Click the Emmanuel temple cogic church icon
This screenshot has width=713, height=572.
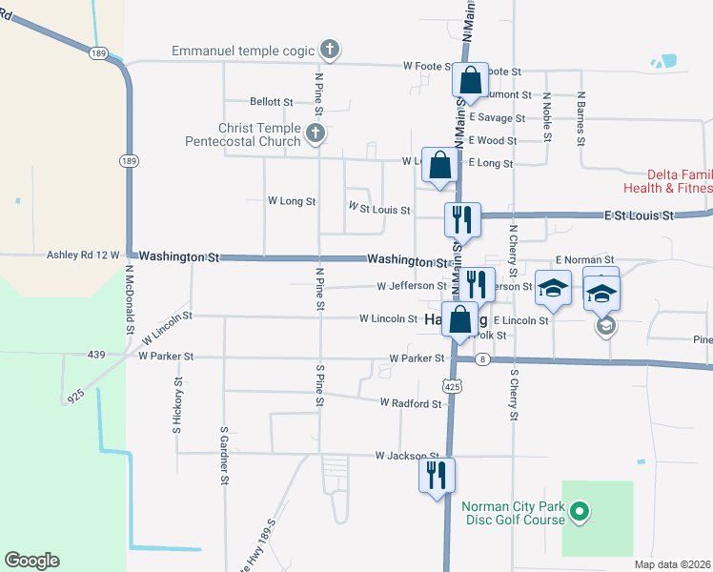pos(329,50)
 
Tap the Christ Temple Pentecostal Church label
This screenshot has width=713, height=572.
pos(246,134)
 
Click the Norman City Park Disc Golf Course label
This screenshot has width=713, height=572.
pos(513,514)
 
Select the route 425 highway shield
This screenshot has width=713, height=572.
pos(452,385)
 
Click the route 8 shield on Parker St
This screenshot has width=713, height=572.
pos(483,358)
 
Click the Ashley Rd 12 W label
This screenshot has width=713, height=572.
pos(83,255)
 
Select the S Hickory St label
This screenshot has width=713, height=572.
pos(176,408)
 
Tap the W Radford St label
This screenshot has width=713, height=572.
pos(412,403)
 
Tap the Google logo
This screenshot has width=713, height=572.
pos(31,561)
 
